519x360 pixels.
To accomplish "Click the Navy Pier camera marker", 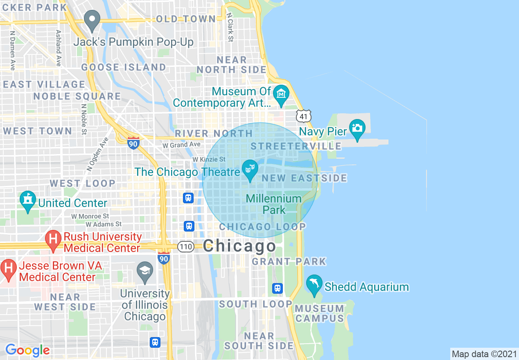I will click(357, 127).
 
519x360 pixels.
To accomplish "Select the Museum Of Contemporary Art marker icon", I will click(281, 93).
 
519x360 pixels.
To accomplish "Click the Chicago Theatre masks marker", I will click(249, 168).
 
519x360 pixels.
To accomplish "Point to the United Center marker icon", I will click(27, 200).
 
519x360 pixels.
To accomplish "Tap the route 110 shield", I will click(185, 246).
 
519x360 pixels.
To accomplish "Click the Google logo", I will click(27, 350).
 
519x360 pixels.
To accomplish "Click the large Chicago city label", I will click(239, 246).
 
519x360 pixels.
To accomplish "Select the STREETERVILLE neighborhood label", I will click(296, 146).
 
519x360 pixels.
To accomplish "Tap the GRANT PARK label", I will click(289, 261).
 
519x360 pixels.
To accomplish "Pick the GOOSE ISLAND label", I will click(124, 67).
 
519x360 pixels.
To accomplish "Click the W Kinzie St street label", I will click(209, 159).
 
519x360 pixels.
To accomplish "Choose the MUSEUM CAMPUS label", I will click(320, 313).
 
